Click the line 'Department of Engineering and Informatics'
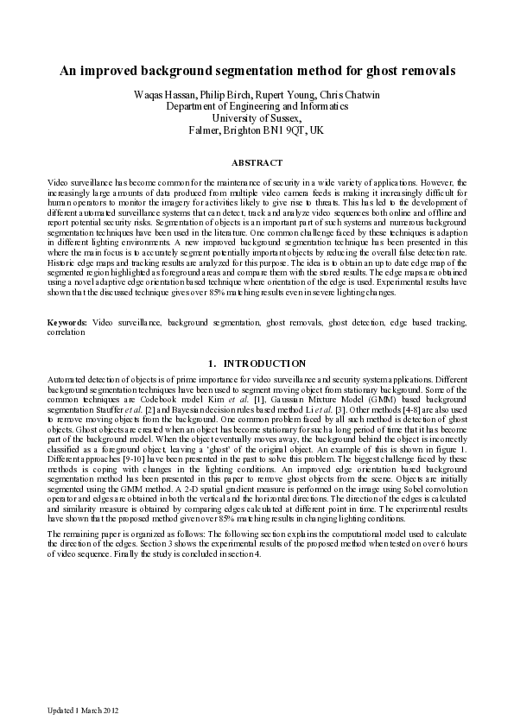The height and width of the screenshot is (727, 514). (x=257, y=105)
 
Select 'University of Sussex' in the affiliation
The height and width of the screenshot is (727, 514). (x=256, y=117)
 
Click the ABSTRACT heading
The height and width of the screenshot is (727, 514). (x=257, y=162)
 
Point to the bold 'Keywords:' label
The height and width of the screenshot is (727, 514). (x=67, y=321)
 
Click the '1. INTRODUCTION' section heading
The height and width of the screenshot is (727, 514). (x=257, y=363)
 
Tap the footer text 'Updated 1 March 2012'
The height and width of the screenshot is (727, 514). (x=82, y=710)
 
